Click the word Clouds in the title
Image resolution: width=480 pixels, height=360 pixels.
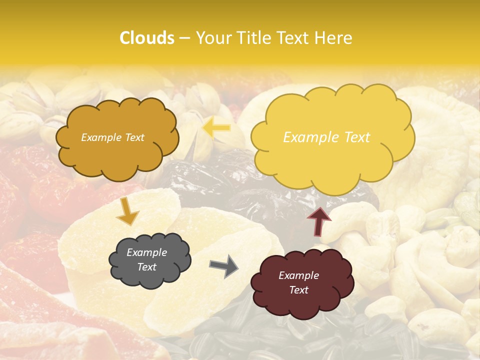(147, 38)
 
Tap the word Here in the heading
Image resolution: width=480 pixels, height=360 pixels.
(334, 38)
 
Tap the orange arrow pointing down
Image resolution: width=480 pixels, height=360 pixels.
(127, 211)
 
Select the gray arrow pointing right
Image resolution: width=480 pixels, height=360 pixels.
(223, 265)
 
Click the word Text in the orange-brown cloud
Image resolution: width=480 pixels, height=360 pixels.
(133, 137)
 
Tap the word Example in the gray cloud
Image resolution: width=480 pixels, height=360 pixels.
(146, 252)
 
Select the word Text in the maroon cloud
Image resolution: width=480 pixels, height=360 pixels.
(298, 290)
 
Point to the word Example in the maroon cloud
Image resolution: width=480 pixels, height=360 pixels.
(298, 275)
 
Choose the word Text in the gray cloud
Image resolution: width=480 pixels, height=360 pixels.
(146, 267)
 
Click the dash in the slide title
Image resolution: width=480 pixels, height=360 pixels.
(184, 38)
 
